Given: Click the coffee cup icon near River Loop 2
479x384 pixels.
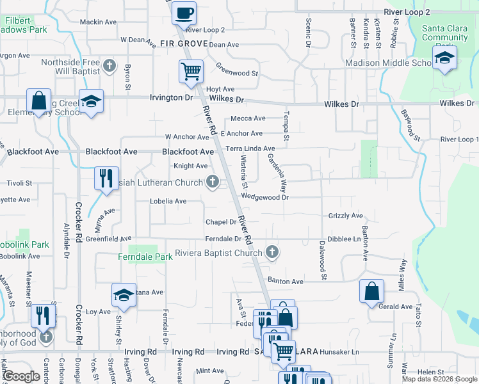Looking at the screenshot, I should tap(184, 12).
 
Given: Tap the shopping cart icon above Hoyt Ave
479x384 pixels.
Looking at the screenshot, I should tap(191, 72).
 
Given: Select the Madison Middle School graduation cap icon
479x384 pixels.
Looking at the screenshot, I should tap(444, 59).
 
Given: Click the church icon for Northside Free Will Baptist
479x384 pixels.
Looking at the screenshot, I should tap(110, 65).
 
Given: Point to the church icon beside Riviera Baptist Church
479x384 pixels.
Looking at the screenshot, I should tap(272, 252).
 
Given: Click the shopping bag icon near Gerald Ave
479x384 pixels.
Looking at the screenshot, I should tap(372, 291).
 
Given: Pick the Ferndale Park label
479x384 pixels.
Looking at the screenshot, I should tap(145, 257).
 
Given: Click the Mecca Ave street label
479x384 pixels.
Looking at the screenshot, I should tap(248, 118).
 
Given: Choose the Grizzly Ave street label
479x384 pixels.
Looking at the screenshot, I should tap(346, 216).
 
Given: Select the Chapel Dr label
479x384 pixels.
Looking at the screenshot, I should tap(221, 222).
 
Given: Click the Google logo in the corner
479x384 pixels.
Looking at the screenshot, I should tap(21, 376).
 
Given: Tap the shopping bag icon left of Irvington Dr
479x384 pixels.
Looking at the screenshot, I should tap(39, 101).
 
